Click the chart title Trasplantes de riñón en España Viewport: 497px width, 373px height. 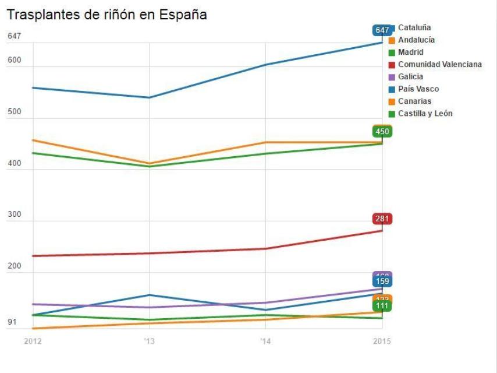pyautogui.click(x=106, y=15)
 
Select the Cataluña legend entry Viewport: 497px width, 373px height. pyautogui.click(x=414, y=27)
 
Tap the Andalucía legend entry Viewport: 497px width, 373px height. pyautogui.click(x=416, y=40)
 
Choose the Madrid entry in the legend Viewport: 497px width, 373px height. pyautogui.click(x=410, y=52)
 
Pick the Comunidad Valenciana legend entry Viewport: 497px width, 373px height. pyautogui.click(x=439, y=65)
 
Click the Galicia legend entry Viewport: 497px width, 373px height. pyautogui.click(x=410, y=77)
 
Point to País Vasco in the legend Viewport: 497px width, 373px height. pyautogui.click(x=418, y=89)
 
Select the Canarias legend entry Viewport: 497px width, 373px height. pyautogui.click(x=414, y=101)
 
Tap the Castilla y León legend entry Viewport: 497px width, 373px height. pyautogui.click(x=425, y=114)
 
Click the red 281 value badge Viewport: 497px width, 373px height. pyautogui.click(x=382, y=219)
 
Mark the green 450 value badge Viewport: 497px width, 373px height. pyautogui.click(x=382, y=132)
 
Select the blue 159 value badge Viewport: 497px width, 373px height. pyautogui.click(x=382, y=281)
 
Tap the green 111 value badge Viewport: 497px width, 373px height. pyautogui.click(x=382, y=306)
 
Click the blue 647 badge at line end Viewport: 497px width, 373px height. pyautogui.click(x=382, y=30)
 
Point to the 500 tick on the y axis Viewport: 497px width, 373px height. pyautogui.click(x=15, y=112)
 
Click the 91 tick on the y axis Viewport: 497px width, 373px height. pyautogui.click(x=12, y=322)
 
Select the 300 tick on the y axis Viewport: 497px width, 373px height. pyautogui.click(x=15, y=214)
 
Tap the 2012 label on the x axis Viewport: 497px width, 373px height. pyautogui.click(x=33, y=341)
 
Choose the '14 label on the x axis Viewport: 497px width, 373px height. pyautogui.click(x=265, y=341)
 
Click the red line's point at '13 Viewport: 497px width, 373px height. pyautogui.click(x=149, y=254)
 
